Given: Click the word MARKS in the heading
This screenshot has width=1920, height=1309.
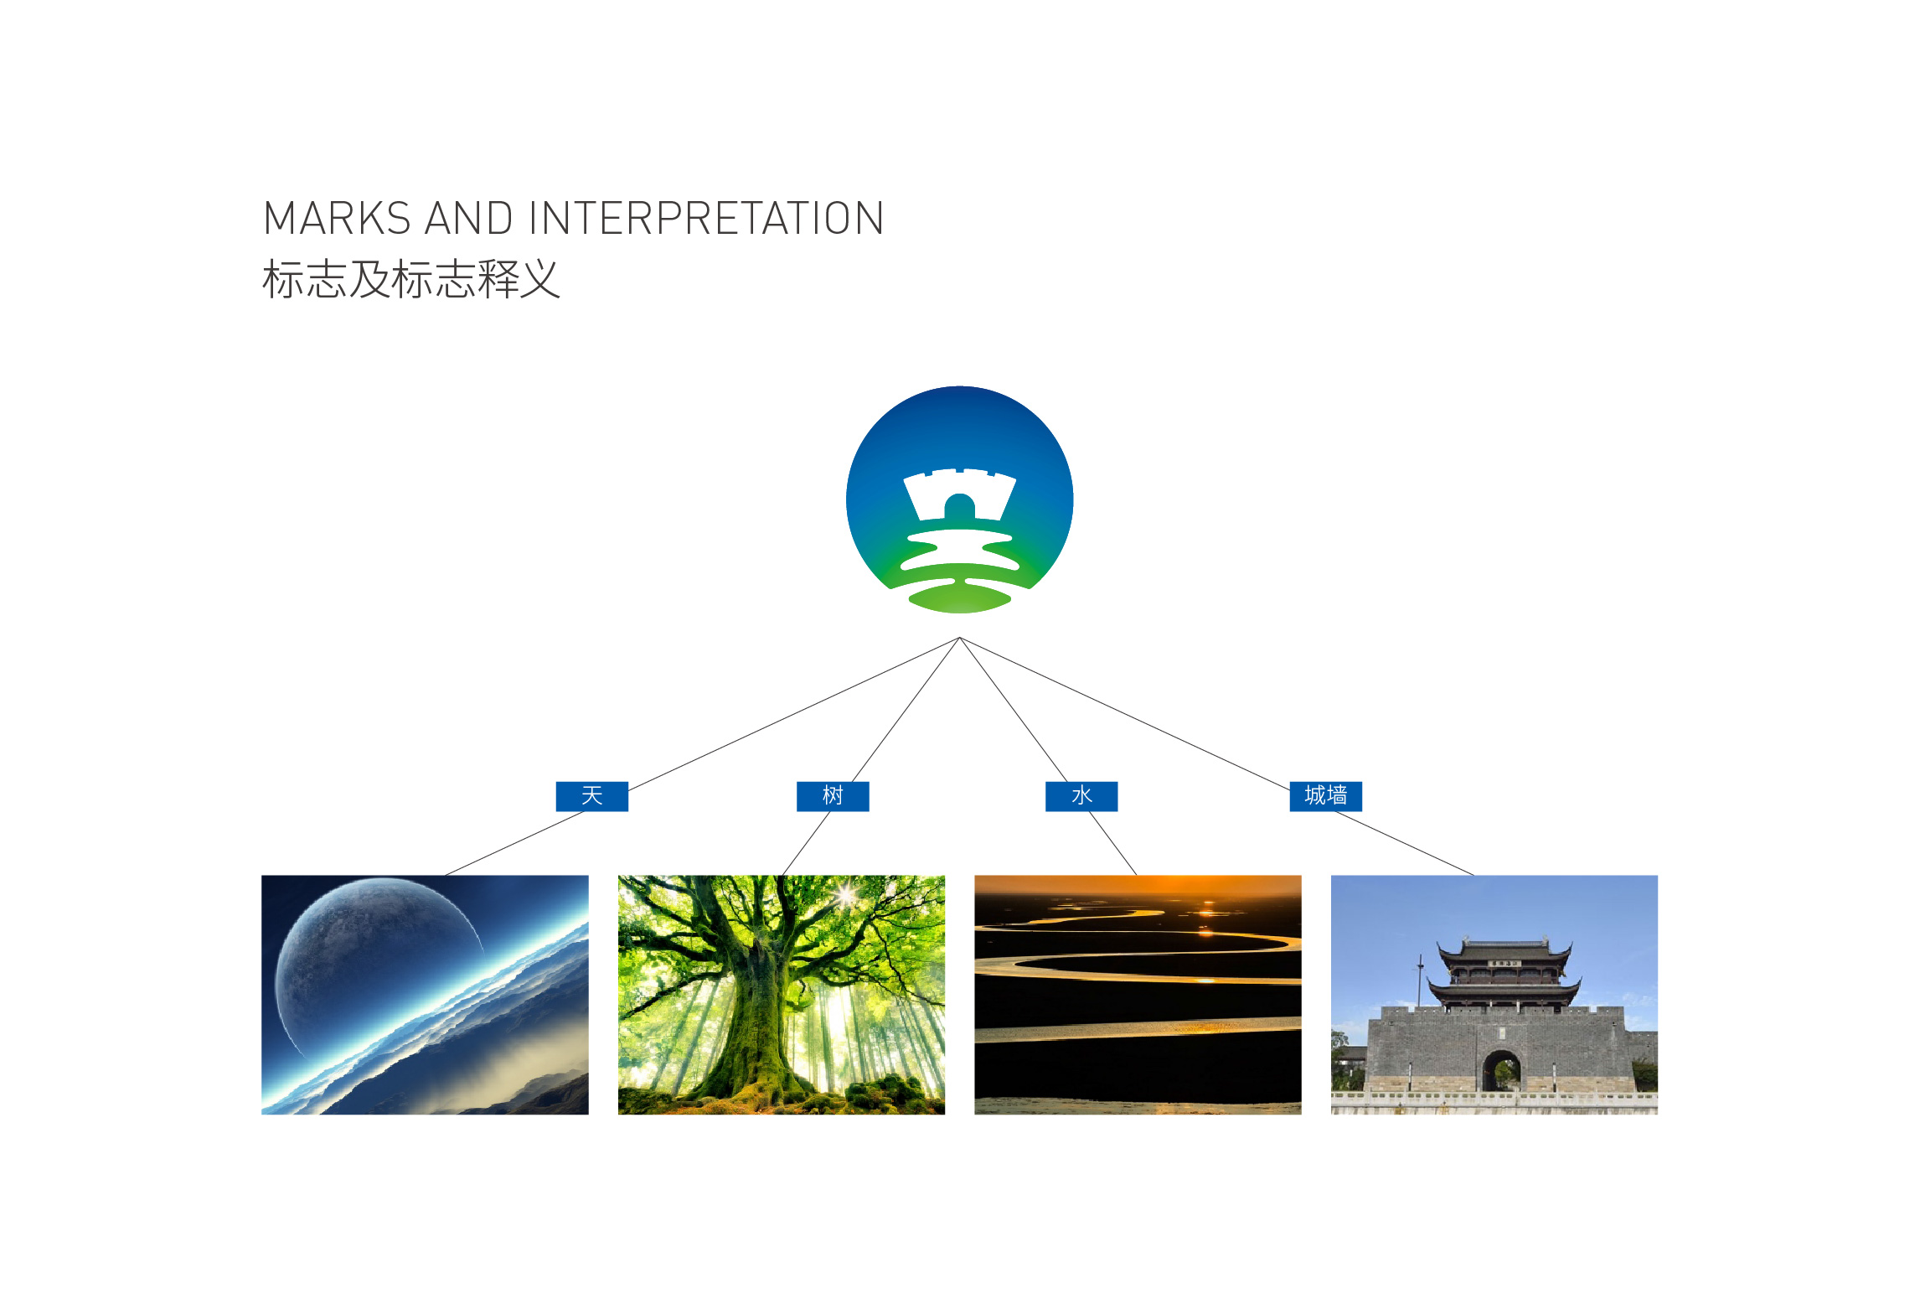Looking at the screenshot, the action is point(337,219).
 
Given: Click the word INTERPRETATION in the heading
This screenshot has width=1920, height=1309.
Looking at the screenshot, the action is point(706,219).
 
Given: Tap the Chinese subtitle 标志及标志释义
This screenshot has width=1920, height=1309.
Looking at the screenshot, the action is point(410,279).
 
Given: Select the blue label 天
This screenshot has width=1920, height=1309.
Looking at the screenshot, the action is point(592,796).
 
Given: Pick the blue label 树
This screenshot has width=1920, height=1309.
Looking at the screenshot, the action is point(833,796).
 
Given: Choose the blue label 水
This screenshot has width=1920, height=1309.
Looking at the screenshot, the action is point(1081,796).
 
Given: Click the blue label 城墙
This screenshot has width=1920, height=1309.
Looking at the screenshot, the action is point(1326,796).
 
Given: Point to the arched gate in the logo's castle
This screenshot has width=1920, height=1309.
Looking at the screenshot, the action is point(960,508).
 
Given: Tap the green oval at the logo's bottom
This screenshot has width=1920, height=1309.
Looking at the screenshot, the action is point(960,598).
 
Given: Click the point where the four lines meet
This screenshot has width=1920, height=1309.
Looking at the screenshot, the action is point(960,638).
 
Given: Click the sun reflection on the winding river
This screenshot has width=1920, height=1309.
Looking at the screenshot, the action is point(1207,913).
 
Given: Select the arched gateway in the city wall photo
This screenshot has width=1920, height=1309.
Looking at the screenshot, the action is point(1502,1072).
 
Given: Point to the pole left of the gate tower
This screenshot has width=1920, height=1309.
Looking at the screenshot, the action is point(1420,980).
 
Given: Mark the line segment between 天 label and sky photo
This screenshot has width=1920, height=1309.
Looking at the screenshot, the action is point(514,844).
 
